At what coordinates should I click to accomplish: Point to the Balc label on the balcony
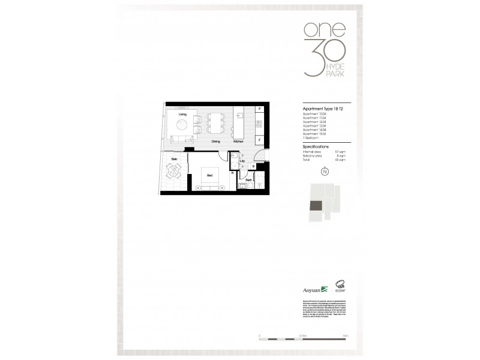tap(175, 159)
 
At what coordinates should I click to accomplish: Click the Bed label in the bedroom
tap(209, 175)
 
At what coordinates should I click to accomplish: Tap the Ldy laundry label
tap(242, 161)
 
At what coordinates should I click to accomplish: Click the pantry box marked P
tap(259, 109)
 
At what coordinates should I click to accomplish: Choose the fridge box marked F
tap(259, 140)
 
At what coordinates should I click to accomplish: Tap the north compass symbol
tap(325, 172)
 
